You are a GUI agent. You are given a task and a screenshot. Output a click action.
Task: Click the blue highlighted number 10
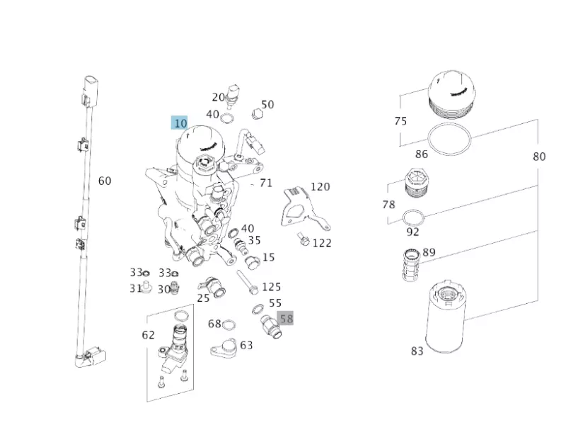[x=180, y=123]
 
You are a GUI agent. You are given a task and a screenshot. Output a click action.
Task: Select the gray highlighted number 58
[x=287, y=319]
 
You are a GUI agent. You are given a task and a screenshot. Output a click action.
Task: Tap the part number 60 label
[x=105, y=181]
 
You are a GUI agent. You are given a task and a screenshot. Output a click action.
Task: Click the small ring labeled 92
[x=414, y=217]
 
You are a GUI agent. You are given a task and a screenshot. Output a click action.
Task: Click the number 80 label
[x=539, y=157]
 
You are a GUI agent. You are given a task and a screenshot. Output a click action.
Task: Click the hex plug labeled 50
[x=258, y=113]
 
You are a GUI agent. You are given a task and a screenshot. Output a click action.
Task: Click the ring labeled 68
[x=229, y=325]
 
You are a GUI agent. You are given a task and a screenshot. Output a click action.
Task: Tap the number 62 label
[x=148, y=334]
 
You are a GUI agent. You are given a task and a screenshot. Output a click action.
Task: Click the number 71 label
[x=266, y=183]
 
